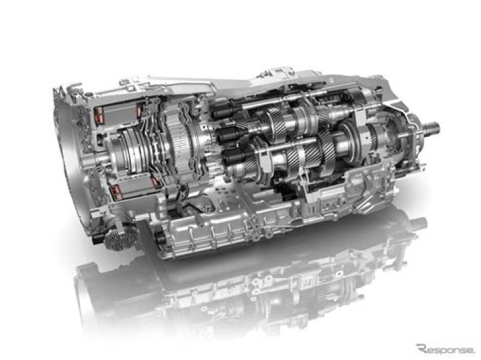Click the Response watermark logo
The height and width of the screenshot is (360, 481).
tap(445, 349)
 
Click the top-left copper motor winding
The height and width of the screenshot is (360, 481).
tap(99, 114)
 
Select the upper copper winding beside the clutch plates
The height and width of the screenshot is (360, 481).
tap(140, 110)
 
